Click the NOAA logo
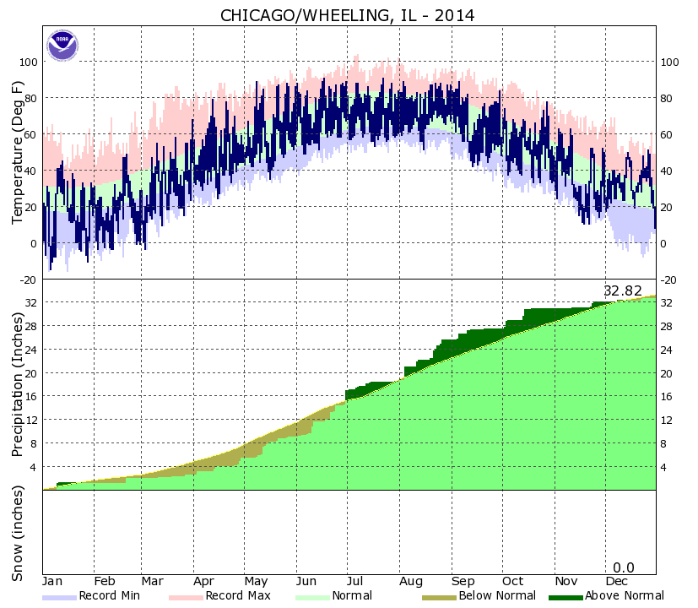(x=62, y=45)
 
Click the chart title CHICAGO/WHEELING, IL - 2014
(x=347, y=15)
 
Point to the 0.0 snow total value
(x=623, y=567)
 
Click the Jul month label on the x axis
(x=355, y=582)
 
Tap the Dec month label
(x=616, y=582)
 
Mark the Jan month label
(x=53, y=582)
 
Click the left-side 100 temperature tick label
(x=29, y=62)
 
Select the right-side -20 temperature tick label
(x=669, y=280)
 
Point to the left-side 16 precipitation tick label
(x=31, y=397)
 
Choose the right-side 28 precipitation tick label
(x=667, y=327)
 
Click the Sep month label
(x=463, y=582)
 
